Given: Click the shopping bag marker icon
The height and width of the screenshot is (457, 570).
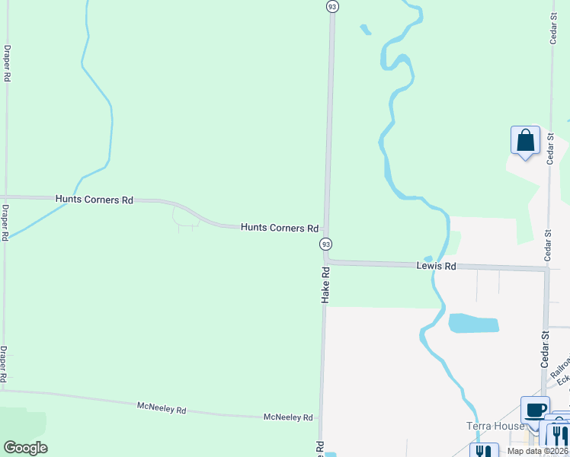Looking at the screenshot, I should tap(525, 141).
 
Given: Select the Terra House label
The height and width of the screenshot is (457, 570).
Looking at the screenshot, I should tap(495, 426).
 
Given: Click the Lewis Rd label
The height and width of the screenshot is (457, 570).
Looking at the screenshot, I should tap(436, 266).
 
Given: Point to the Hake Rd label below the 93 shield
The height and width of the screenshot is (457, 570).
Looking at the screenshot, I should tap(325, 286).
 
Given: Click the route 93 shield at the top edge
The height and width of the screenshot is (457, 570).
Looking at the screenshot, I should tap(331, 6).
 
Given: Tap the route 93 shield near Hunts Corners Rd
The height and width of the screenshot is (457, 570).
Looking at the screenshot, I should tap(325, 244).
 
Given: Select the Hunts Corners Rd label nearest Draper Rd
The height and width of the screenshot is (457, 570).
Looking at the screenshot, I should tap(94, 200).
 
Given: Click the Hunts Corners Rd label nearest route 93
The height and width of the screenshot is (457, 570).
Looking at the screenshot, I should tap(280, 228).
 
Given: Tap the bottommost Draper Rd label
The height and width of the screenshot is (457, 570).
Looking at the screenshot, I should tap(4, 363).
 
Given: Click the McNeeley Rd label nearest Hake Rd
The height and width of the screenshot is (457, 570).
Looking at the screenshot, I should tap(288, 417).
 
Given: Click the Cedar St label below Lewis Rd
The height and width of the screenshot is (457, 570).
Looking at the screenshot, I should tap(546, 350).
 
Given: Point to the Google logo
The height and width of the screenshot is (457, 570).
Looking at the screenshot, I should tap(25, 448).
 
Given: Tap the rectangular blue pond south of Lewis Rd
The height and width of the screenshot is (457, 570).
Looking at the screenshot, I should tap(473, 323).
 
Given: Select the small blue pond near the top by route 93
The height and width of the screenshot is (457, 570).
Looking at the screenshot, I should tap(366, 30).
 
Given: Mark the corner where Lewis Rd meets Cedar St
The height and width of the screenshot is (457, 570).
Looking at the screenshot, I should tap(546, 268).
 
